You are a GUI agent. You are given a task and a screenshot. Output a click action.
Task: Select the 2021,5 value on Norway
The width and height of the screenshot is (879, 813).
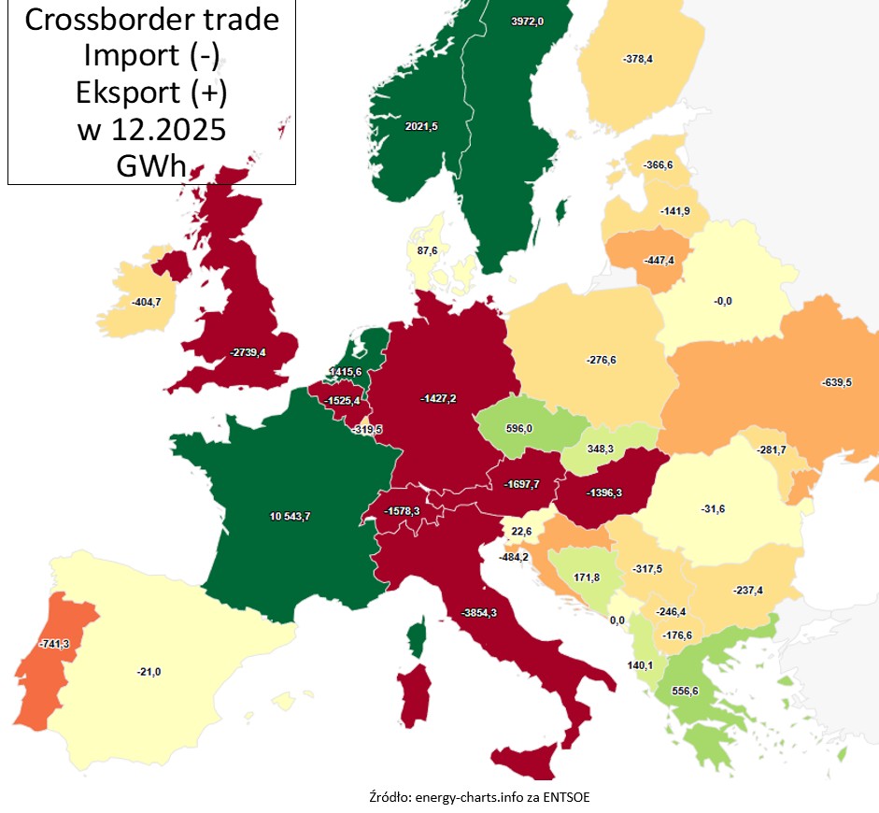[420, 125]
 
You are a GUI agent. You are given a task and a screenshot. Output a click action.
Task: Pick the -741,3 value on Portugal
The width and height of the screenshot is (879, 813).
[55, 644]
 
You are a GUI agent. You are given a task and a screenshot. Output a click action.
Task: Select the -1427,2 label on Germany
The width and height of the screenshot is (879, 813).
[437, 397]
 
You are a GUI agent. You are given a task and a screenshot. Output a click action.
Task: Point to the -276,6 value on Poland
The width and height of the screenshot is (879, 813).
[602, 359]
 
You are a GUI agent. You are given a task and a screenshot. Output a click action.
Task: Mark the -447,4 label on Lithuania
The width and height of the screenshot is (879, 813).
[659, 260]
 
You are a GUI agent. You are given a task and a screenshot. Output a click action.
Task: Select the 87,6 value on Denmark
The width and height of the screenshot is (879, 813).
[428, 250]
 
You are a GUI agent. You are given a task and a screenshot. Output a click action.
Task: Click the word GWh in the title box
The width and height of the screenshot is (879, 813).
[151, 164]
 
